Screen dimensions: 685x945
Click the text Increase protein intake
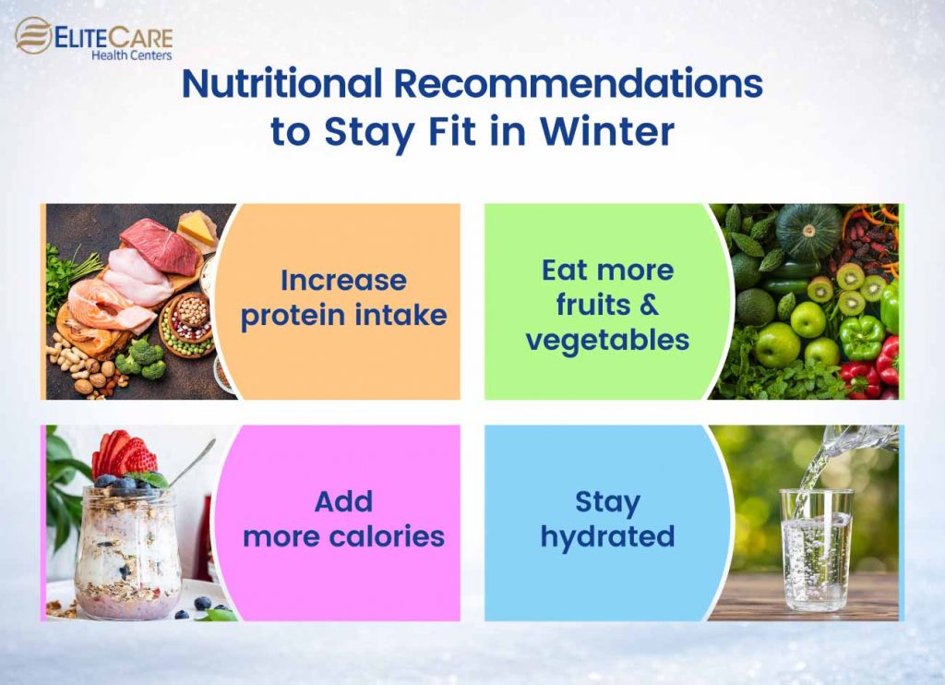[x=343, y=297]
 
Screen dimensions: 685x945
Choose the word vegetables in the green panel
[x=607, y=339]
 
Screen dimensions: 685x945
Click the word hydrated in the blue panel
[x=607, y=535]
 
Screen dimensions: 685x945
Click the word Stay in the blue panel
[x=607, y=502]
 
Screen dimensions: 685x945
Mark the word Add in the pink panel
[x=343, y=502]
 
